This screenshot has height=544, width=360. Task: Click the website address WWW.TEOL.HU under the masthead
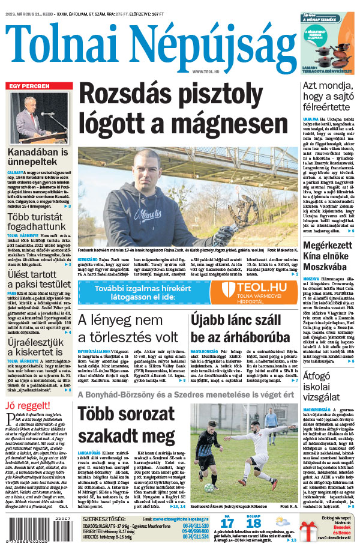tap(207, 72)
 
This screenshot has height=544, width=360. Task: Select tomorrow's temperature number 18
tap(253, 522)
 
